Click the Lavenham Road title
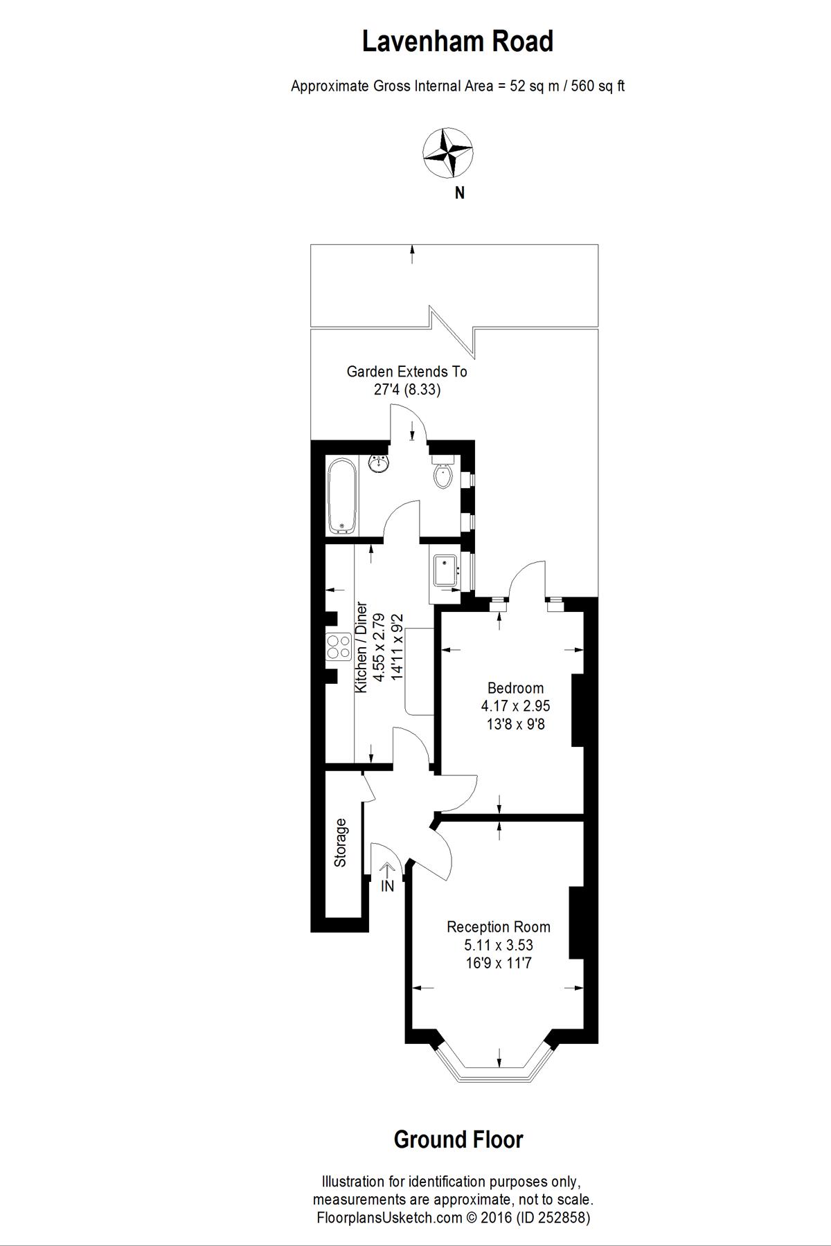[x=458, y=42]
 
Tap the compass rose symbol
[x=448, y=150]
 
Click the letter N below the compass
[x=459, y=194]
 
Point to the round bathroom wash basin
[x=378, y=463]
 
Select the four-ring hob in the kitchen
[x=338, y=647]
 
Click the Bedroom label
[x=515, y=688]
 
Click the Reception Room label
[x=498, y=927]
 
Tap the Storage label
[x=341, y=842]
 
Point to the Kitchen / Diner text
[x=361, y=648]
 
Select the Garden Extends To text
[x=406, y=372]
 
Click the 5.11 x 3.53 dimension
[x=498, y=945]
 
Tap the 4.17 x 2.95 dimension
[x=515, y=706]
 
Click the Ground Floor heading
[x=458, y=1139]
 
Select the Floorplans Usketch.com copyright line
[x=453, y=1218]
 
